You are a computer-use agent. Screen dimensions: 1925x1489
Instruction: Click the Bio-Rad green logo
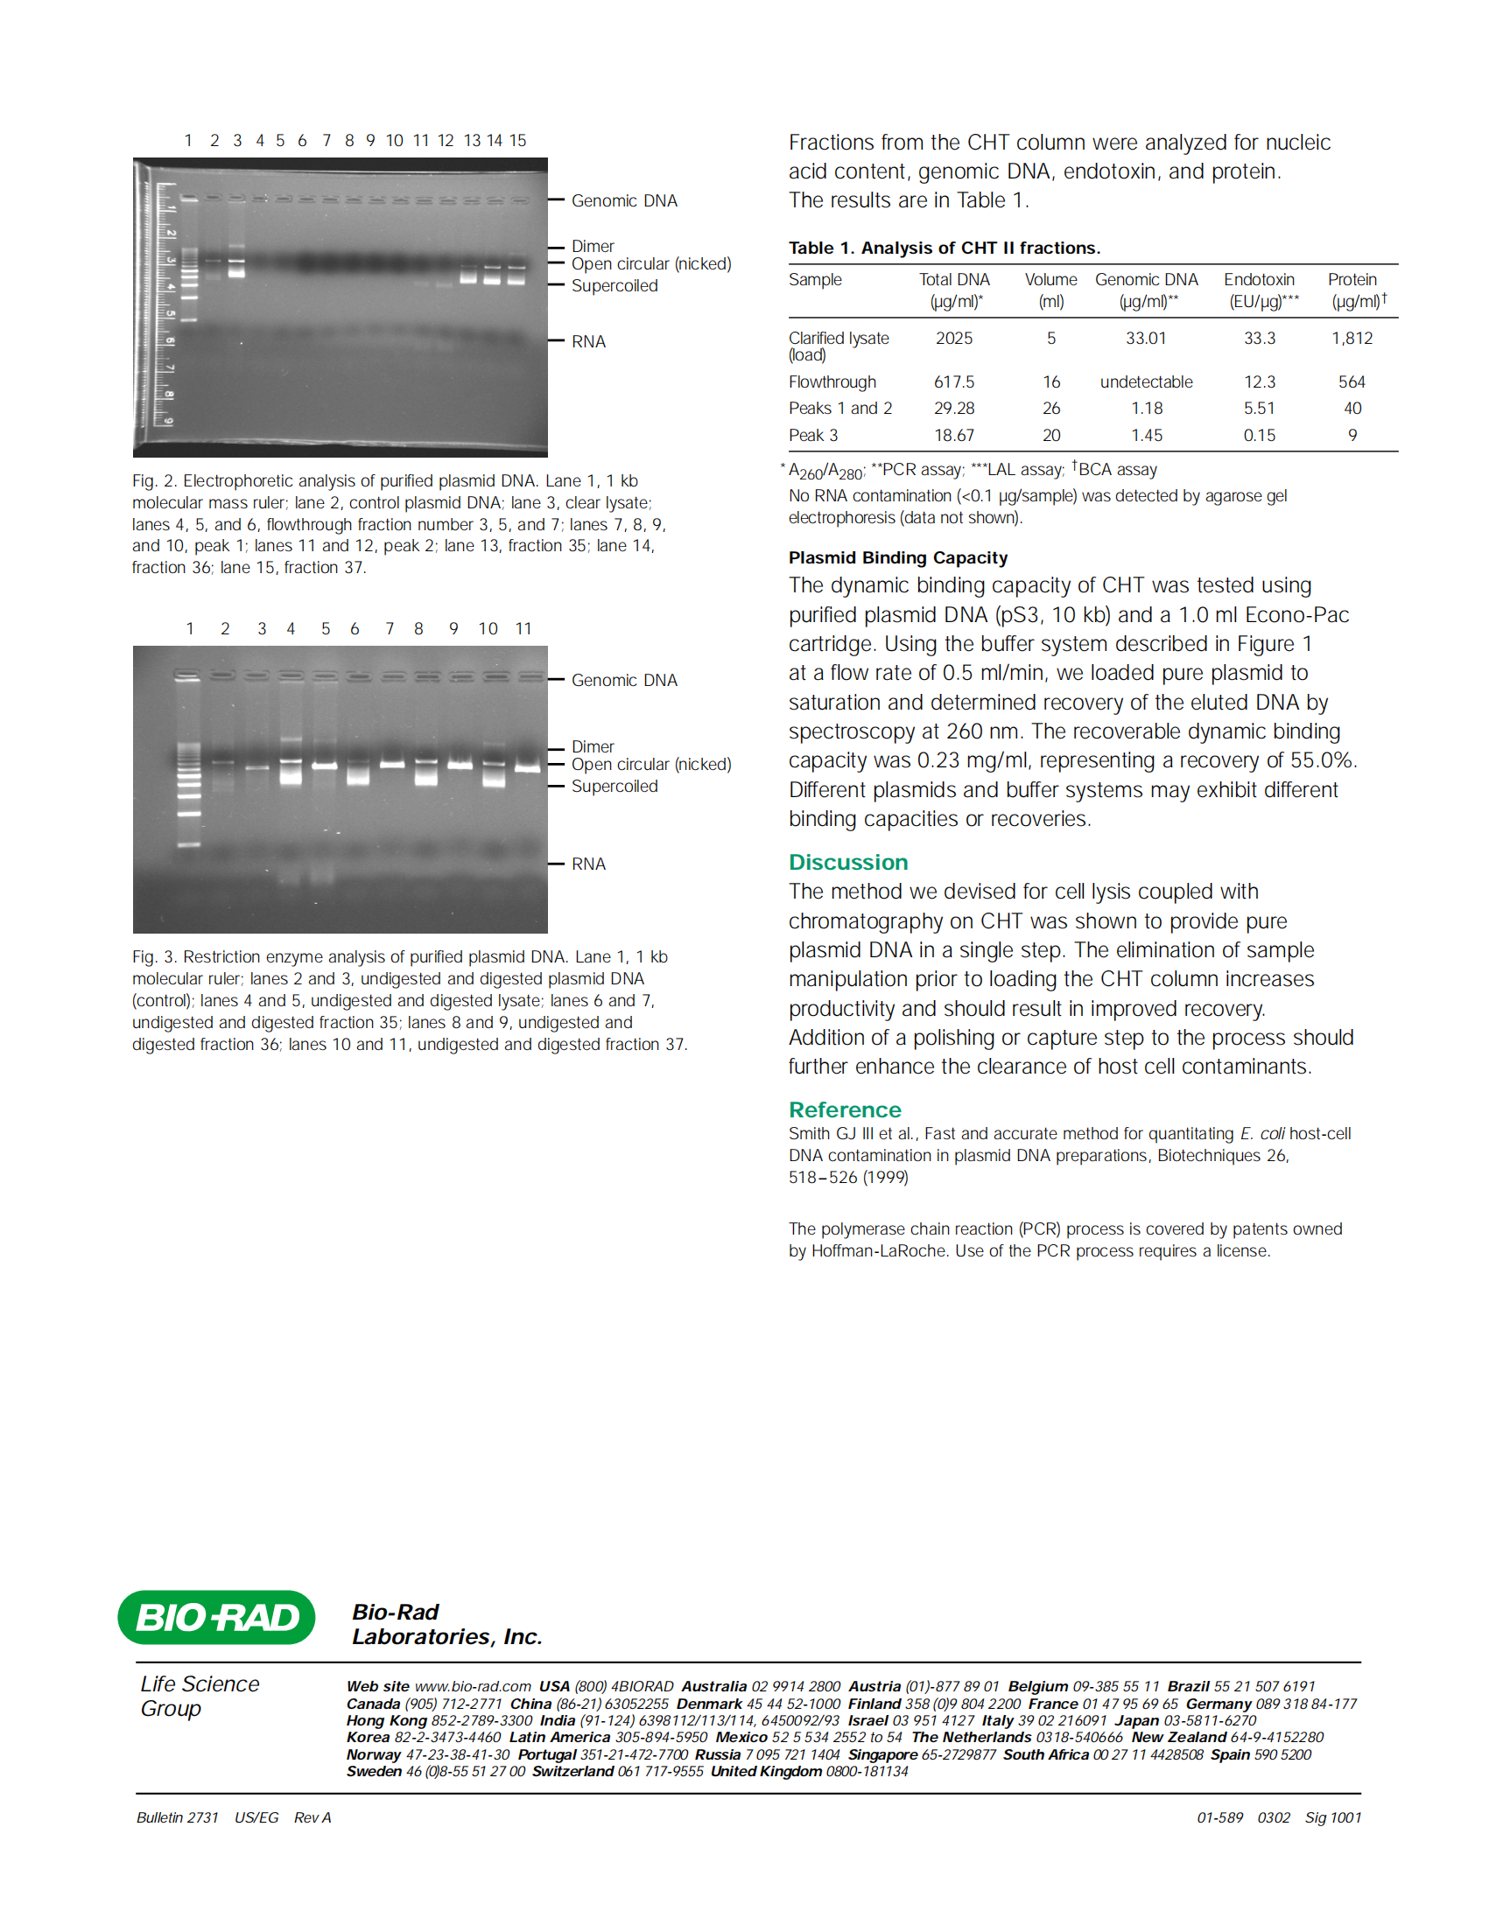click(216, 1617)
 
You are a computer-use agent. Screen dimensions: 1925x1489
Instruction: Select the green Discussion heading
click(847, 862)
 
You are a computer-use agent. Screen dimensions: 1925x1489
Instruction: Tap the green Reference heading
click(845, 1109)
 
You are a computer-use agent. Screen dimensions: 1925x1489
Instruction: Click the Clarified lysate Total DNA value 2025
click(954, 339)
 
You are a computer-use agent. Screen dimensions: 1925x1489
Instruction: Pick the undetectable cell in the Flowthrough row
click(1145, 381)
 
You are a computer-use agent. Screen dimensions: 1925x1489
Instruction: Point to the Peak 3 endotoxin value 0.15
click(1259, 436)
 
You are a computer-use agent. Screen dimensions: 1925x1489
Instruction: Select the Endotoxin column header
click(1259, 280)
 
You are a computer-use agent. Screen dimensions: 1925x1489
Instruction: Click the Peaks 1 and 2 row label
click(840, 408)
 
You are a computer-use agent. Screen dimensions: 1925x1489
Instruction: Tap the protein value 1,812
click(1352, 339)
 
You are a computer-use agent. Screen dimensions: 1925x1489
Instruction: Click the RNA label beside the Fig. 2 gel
click(588, 342)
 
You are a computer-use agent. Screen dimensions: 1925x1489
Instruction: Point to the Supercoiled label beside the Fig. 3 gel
click(615, 787)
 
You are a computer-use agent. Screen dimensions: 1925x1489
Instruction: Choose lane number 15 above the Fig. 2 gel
click(517, 141)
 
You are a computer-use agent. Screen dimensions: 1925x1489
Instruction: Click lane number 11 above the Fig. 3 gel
click(523, 628)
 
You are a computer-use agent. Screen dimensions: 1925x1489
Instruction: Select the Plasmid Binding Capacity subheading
click(897, 558)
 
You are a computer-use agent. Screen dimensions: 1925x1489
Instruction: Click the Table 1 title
click(945, 248)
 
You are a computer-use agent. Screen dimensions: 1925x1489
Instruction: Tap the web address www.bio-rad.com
click(473, 1686)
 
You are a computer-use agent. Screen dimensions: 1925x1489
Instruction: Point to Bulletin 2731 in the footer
click(177, 1817)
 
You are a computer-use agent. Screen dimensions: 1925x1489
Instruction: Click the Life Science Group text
click(200, 1696)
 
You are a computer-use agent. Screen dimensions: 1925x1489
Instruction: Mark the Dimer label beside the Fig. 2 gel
click(593, 247)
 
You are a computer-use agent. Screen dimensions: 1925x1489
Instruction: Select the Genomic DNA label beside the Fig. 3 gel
click(624, 681)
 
